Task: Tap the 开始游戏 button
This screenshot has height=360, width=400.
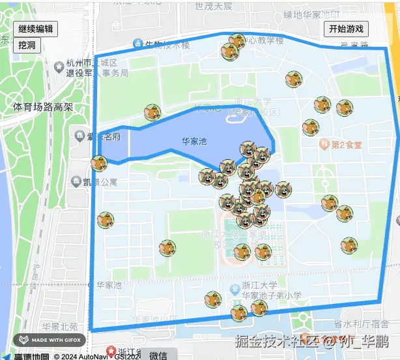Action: tap(347, 29)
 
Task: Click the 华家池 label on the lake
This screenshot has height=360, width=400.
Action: tap(193, 141)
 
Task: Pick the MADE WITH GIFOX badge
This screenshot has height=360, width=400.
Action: tap(50, 340)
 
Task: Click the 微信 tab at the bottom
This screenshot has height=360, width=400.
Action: tap(158, 355)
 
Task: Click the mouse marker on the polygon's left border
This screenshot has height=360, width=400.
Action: tap(99, 164)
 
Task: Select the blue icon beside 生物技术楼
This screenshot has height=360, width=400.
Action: tap(137, 44)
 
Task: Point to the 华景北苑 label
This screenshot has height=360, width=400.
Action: tap(60, 326)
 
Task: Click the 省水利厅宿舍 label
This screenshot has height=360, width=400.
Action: tap(361, 323)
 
